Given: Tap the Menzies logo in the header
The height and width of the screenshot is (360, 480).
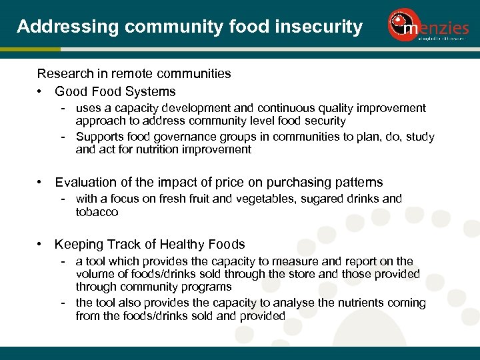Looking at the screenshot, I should click(426, 26).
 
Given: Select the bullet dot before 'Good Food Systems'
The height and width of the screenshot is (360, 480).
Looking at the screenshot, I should click(41, 92).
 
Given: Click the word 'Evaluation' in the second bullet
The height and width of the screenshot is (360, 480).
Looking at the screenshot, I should click(87, 182).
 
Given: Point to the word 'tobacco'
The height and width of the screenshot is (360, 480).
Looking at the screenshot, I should click(97, 212).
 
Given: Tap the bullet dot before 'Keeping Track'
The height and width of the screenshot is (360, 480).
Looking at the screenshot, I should click(41, 245).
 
